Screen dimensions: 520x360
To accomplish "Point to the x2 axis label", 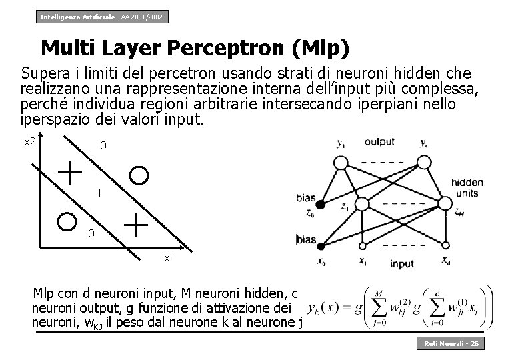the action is pos(31,141).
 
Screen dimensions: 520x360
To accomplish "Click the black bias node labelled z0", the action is pos(320,204).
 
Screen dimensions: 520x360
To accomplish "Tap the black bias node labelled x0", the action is pos(320,244).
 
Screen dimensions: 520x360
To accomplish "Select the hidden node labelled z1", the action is pos(362,203).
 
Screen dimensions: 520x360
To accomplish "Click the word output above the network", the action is pos(379,141).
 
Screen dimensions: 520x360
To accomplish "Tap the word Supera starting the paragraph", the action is pos(41,72).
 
